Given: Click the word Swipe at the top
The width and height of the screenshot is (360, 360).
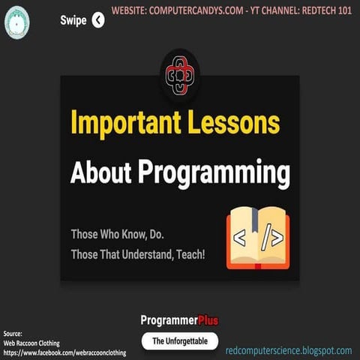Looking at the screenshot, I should pyautogui.click(x=73, y=20).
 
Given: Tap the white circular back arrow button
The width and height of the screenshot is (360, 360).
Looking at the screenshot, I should pyautogui.click(x=98, y=20).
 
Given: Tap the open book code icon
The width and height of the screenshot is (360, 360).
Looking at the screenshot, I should pyautogui.click(x=257, y=238).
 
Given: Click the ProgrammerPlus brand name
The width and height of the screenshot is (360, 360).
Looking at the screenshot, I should pyautogui.click(x=179, y=320).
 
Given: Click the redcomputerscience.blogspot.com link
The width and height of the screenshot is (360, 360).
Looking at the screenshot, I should pyautogui.click(x=288, y=350).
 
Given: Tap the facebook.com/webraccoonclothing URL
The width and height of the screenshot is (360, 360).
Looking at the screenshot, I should pyautogui.click(x=64, y=351).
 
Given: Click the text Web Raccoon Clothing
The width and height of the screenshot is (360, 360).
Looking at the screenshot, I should pyautogui.click(x=34, y=342).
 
